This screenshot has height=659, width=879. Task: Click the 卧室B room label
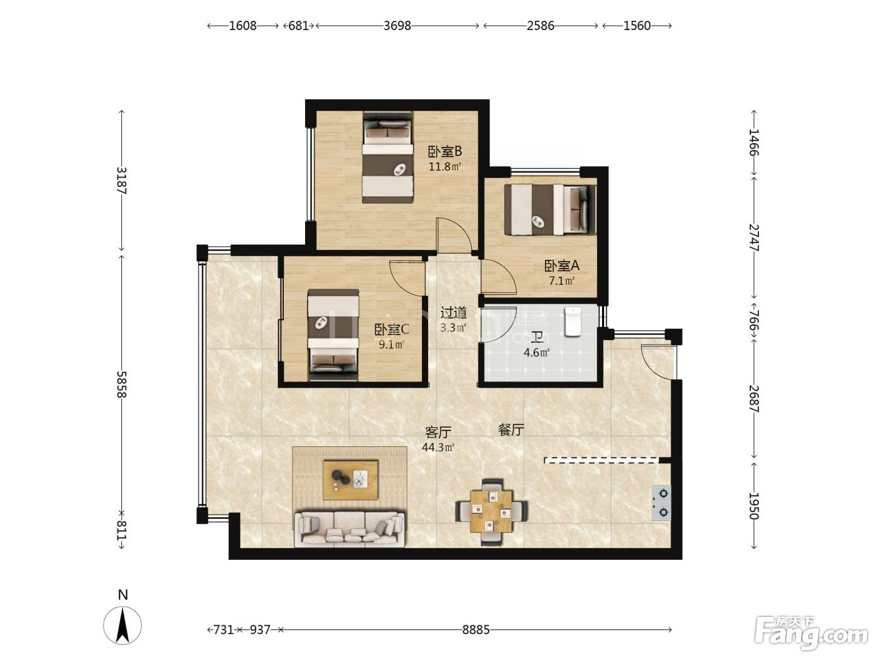[445, 152]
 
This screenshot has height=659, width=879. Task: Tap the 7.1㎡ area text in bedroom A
[561, 281]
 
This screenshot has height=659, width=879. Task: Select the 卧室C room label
[391, 329]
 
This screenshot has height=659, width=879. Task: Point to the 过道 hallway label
[453, 313]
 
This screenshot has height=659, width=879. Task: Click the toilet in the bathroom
[573, 321]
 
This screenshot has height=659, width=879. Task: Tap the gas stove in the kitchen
[661, 503]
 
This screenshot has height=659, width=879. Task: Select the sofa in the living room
[349, 529]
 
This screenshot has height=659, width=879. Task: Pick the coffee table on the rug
[351, 480]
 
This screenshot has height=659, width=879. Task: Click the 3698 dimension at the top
[397, 26]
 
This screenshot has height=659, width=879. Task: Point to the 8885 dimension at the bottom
[476, 630]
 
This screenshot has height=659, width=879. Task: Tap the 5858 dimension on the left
[122, 384]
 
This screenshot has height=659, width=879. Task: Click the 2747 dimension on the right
[753, 237]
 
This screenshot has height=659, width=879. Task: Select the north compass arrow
[122, 625]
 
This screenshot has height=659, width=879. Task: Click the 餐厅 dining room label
[511, 430]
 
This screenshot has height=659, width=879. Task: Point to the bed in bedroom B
[387, 158]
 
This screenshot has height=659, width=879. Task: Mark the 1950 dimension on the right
[753, 506]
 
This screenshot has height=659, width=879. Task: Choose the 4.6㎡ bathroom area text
[536, 353]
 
